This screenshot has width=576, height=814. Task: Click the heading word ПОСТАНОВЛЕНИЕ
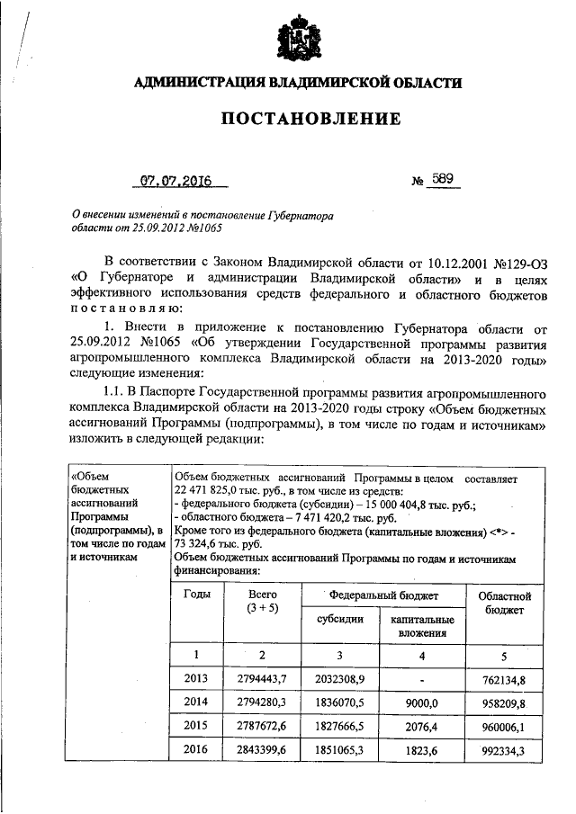tap(297, 119)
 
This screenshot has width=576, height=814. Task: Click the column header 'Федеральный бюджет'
tap(383, 595)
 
